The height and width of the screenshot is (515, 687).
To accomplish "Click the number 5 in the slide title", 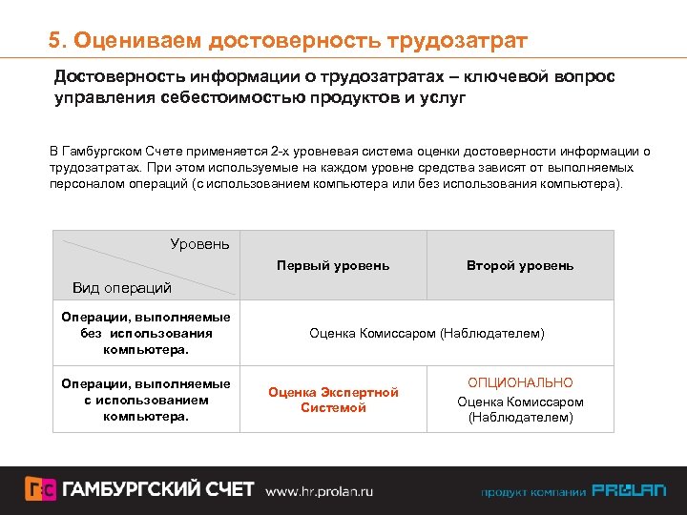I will coord(55,41).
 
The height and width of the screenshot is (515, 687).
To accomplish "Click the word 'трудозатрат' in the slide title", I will coord(457,41).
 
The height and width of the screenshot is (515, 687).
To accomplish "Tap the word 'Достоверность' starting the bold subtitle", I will coord(111,75).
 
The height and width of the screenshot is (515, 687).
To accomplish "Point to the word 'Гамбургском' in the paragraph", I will coord(101,152).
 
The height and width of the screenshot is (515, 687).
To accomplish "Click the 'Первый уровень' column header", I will coord(333,265).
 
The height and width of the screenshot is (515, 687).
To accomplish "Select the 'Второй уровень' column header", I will coord(520,265).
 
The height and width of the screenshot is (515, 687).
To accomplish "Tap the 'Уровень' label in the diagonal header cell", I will coord(199,244).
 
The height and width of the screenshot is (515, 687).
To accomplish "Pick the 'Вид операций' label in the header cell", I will coord(122,287).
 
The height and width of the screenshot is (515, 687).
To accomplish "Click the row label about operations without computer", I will coord(145,334).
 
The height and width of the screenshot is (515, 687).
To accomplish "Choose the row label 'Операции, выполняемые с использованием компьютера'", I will coord(145,400).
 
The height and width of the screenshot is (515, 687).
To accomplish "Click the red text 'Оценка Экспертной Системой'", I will coord(333,400).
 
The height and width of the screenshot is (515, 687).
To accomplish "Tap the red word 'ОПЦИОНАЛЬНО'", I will coord(520,383).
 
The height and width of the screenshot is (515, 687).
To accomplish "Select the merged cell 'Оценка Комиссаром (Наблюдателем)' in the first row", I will coord(427,334).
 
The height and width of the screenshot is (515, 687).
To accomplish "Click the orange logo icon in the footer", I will coord(39,490).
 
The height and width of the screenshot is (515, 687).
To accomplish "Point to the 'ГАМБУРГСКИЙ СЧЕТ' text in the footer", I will coord(158,490).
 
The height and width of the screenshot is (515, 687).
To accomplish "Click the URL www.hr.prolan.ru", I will coord(319,491).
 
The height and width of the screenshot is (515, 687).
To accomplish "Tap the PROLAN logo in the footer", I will coord(629,491).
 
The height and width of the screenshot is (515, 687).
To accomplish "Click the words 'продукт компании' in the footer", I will coord(532,492).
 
